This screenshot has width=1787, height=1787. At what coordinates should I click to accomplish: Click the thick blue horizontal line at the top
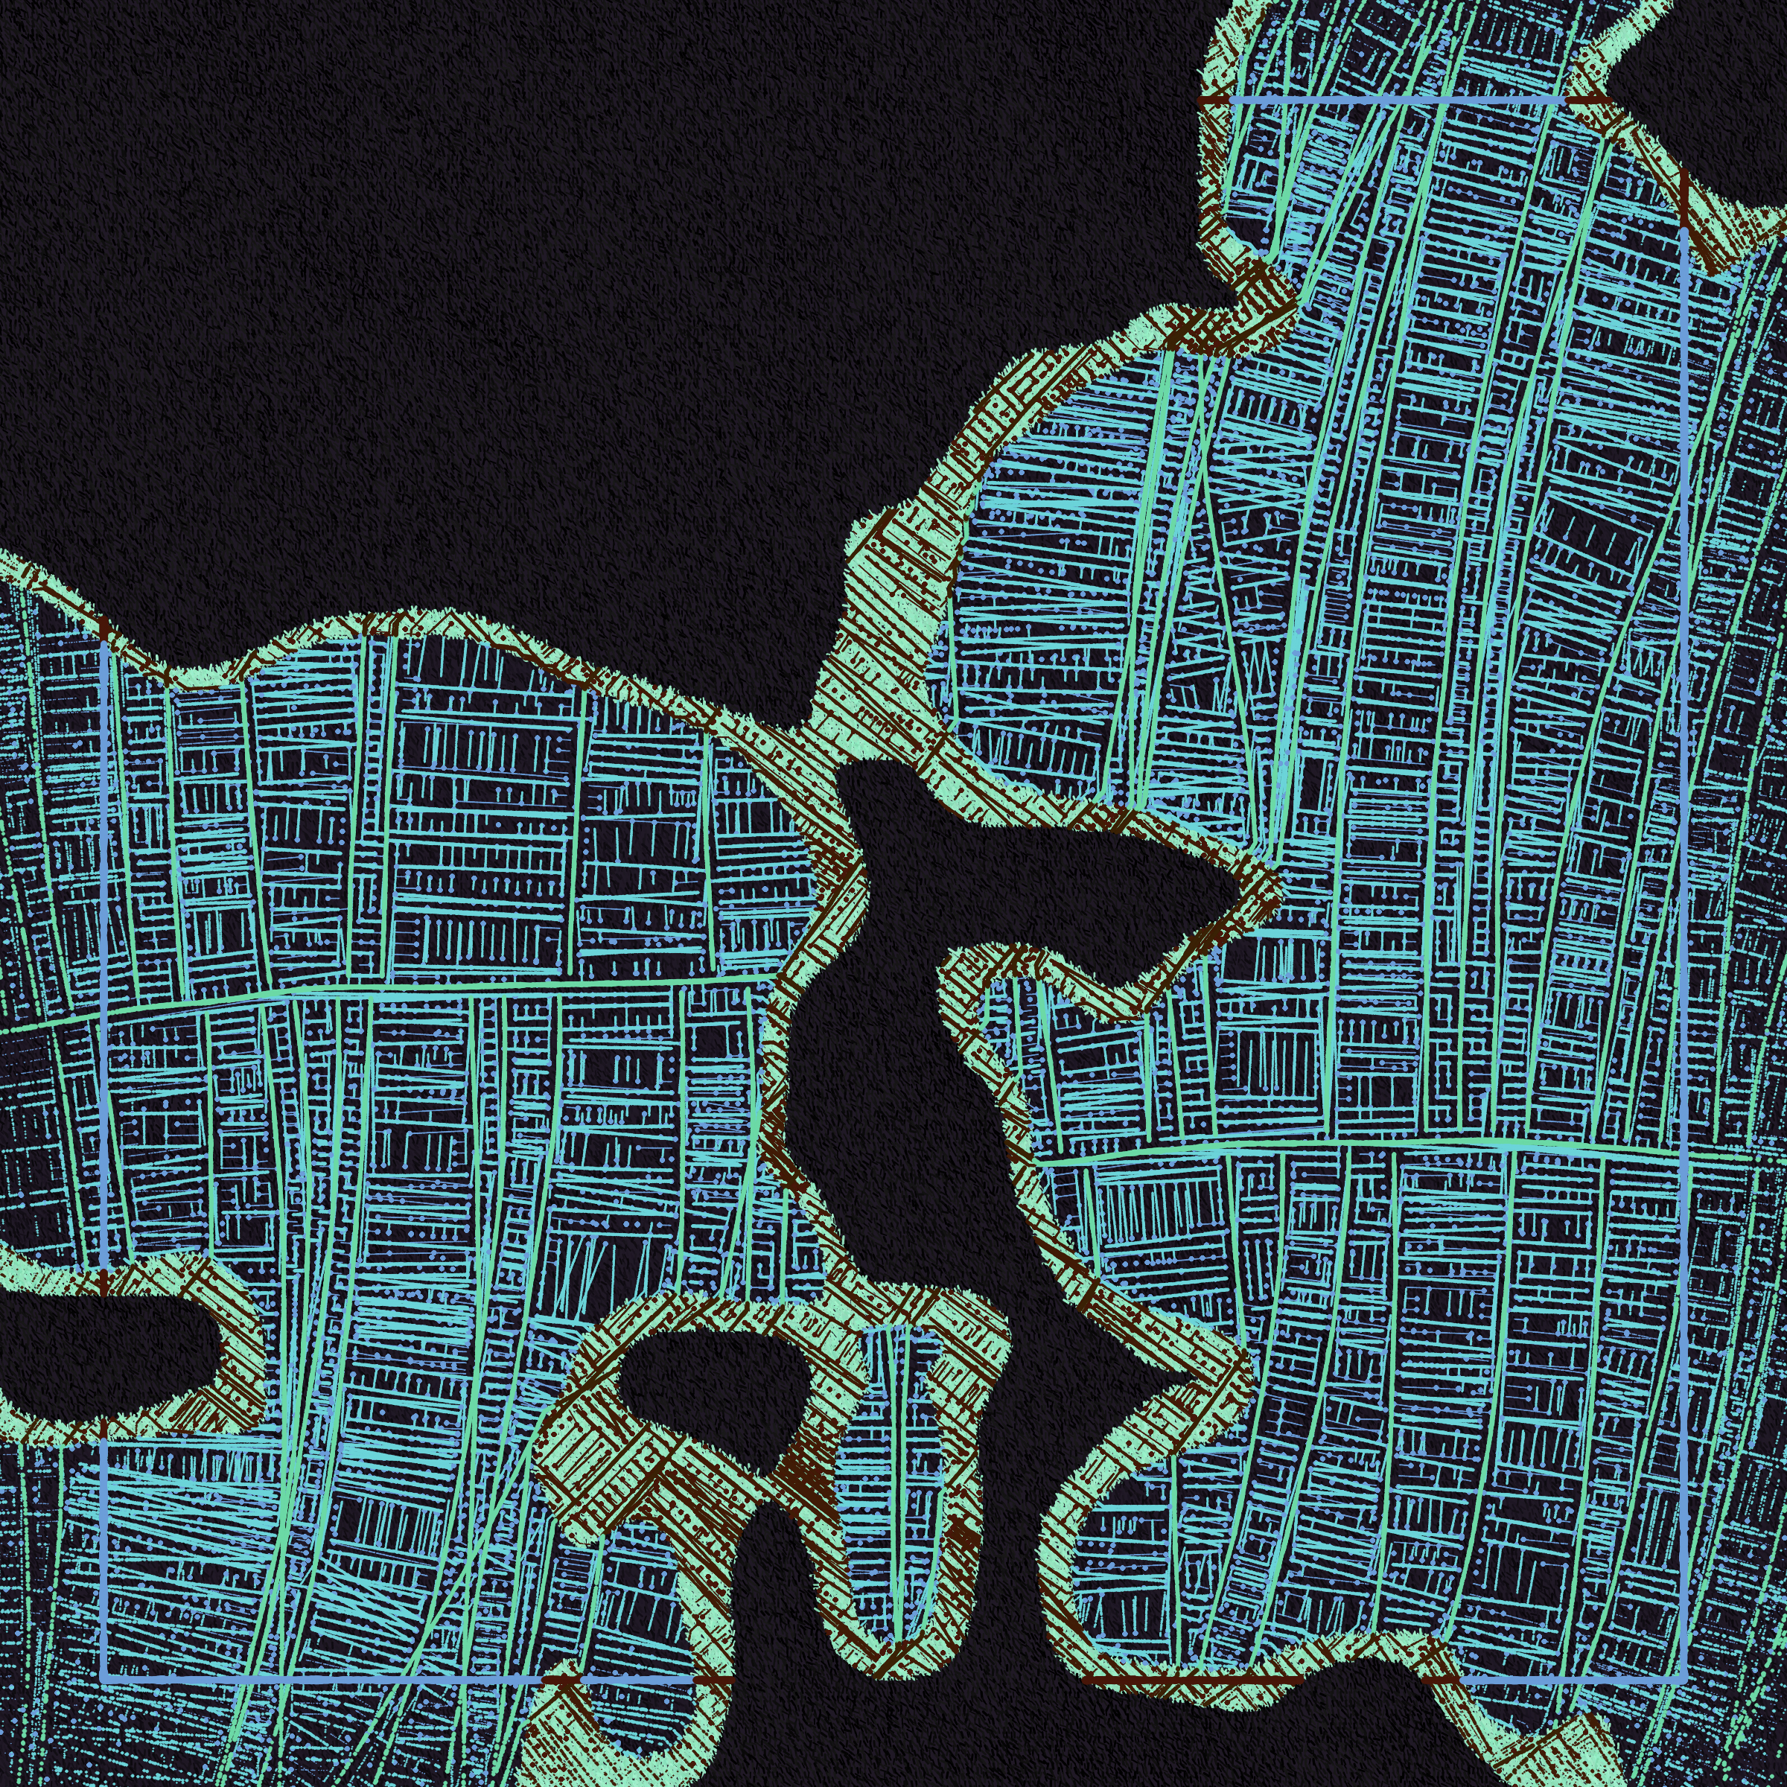[x=1397, y=98]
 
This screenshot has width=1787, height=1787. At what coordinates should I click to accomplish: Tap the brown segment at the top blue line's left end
[x=1214, y=98]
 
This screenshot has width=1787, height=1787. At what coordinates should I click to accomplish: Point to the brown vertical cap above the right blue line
[x=1684, y=199]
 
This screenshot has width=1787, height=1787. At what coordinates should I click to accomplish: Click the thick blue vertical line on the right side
[x=1684, y=740]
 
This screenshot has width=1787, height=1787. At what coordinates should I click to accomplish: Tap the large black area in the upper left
[x=416, y=278]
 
